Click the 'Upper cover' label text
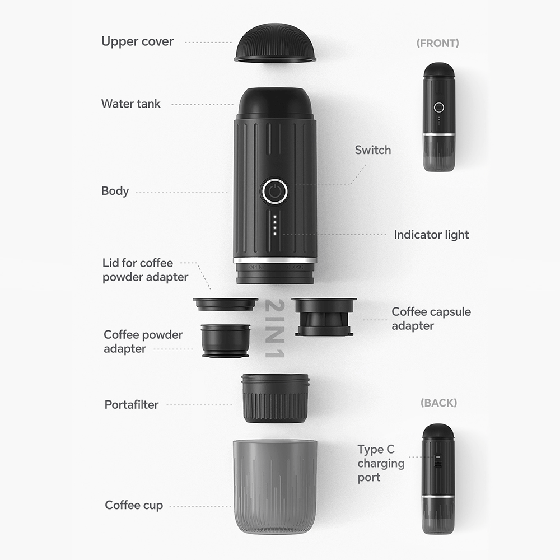click(137, 41)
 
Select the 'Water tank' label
click(130, 104)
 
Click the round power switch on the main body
click(274, 192)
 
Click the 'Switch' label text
click(372, 150)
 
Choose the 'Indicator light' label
click(431, 235)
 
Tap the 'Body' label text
click(115, 191)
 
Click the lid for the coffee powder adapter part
click(225, 304)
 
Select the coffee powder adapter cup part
click(225, 340)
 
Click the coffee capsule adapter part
click(324, 316)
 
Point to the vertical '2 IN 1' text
click(277, 329)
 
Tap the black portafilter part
click(275, 398)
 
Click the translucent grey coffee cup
click(274, 486)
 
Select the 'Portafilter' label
click(132, 404)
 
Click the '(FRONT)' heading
click(437, 43)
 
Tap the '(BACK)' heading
click(438, 403)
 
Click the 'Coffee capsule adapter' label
click(431, 319)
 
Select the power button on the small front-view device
click(438, 107)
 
